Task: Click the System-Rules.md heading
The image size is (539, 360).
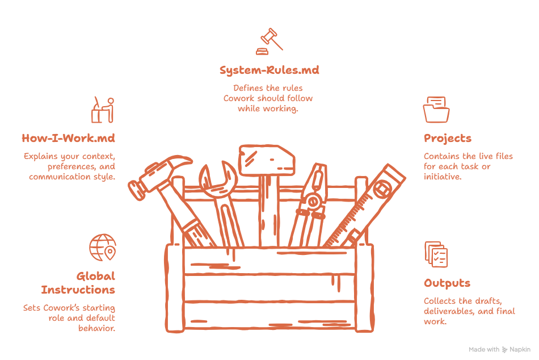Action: (x=269, y=70)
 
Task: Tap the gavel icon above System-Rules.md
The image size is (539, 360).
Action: (x=269, y=41)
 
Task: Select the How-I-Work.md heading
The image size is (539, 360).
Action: (x=69, y=138)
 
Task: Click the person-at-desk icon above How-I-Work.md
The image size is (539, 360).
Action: (x=103, y=110)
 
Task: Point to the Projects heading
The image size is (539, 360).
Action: (x=448, y=139)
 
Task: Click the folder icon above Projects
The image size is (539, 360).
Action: (x=436, y=110)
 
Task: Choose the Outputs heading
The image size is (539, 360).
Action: (x=447, y=283)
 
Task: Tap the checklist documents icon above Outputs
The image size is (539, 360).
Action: (x=436, y=254)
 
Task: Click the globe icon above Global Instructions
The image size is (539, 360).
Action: (x=103, y=248)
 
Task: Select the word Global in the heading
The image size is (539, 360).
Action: (x=96, y=276)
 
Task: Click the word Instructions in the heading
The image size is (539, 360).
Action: (x=78, y=290)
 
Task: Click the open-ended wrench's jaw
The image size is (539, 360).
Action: (x=218, y=178)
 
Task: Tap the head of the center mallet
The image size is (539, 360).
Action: (x=267, y=160)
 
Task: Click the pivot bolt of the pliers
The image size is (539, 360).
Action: (x=313, y=202)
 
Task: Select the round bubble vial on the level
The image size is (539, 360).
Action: (x=382, y=189)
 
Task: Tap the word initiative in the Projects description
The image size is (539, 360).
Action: (x=443, y=177)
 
